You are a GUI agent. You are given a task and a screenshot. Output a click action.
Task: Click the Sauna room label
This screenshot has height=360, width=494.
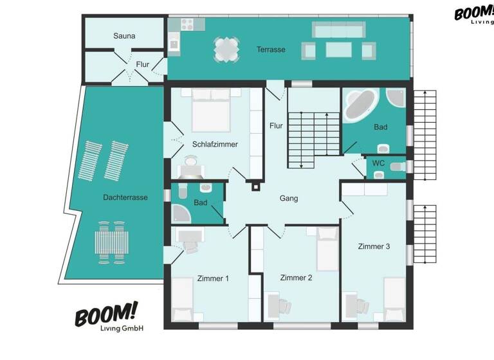point(124,36)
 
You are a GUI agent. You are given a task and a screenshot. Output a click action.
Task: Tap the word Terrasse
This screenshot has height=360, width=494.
point(271,50)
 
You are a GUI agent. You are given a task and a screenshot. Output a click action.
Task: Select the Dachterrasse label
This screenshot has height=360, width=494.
point(125,197)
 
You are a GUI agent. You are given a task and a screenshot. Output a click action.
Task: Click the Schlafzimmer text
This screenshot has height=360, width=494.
point(215,144)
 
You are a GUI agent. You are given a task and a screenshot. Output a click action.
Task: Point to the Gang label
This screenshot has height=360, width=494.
point(289,199)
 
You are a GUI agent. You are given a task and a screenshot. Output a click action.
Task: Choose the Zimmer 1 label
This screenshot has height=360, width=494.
point(213,278)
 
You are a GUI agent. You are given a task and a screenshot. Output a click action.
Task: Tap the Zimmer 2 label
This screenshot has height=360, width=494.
point(296,278)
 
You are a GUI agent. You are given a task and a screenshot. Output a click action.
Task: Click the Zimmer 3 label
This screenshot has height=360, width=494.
point(374,246)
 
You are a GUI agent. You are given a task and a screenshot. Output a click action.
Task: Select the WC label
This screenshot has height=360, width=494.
point(379,163)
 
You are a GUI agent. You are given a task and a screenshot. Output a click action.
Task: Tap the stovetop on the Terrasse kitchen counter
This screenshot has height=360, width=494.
point(187,24)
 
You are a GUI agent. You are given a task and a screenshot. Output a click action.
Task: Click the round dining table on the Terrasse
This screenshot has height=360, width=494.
point(226,50)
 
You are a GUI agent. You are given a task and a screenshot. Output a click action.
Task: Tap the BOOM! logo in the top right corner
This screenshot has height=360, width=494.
point(474,14)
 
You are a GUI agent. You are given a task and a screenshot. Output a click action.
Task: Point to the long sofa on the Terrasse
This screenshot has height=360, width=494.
point(338,30)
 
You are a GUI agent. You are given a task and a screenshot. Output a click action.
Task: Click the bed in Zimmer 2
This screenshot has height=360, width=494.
point(327,248)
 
